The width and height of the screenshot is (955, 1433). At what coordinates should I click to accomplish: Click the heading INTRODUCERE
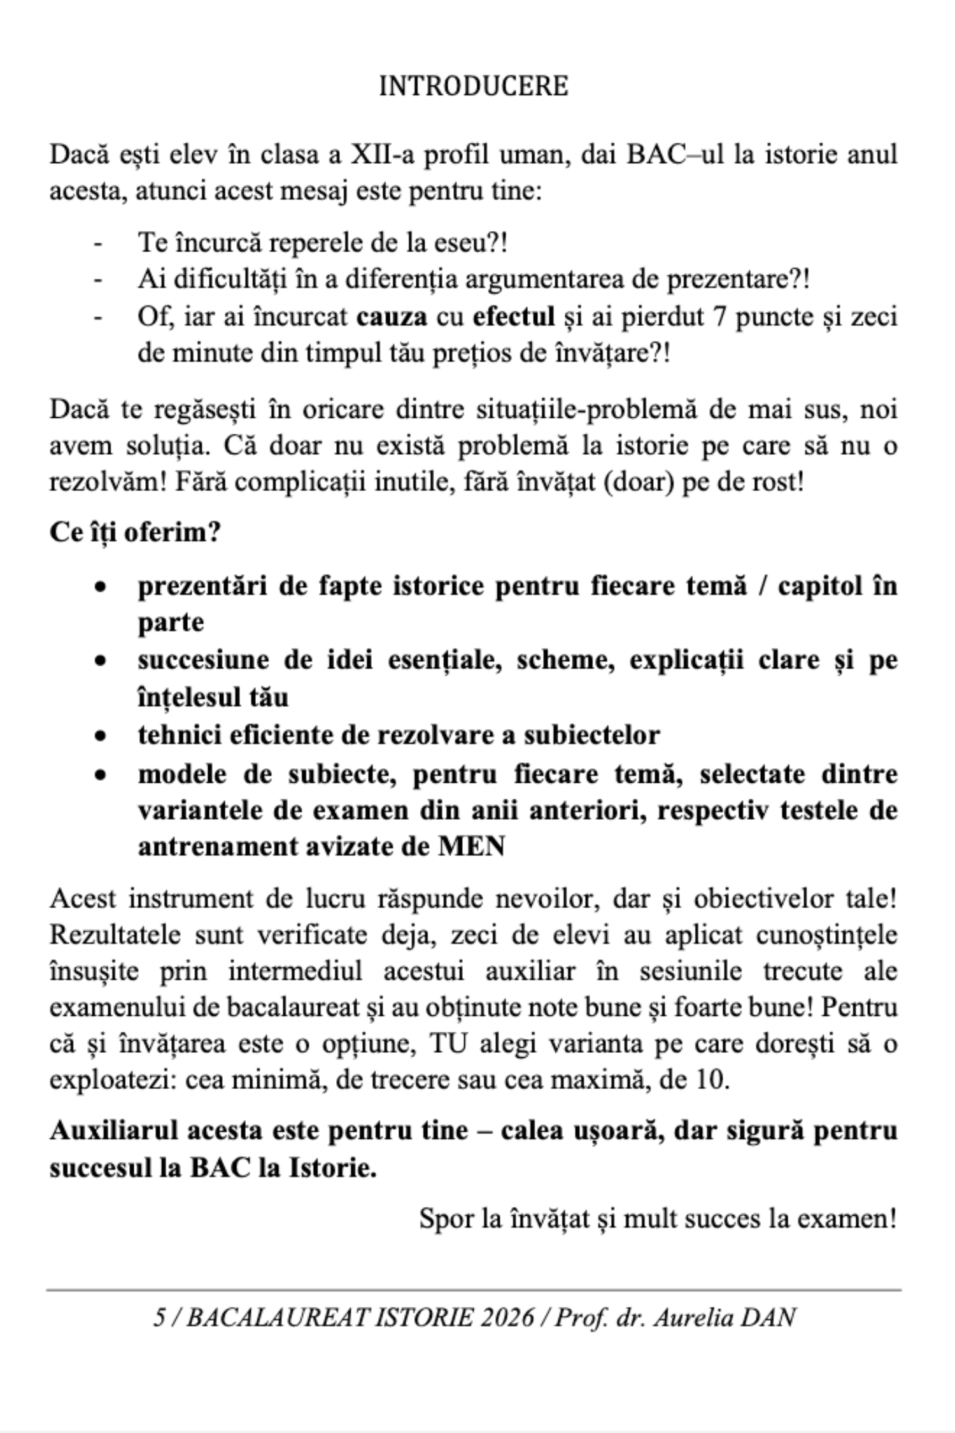pyautogui.click(x=473, y=86)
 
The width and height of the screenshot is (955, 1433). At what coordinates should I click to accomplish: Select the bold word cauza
pyautogui.click(x=392, y=317)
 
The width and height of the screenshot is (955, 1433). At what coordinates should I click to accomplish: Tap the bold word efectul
pyautogui.click(x=514, y=317)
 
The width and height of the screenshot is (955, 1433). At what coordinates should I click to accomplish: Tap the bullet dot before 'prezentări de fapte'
pyautogui.click(x=99, y=587)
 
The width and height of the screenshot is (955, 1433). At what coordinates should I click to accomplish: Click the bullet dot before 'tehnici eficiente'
pyautogui.click(x=99, y=736)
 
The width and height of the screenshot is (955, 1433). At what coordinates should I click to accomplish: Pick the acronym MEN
pyautogui.click(x=471, y=847)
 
